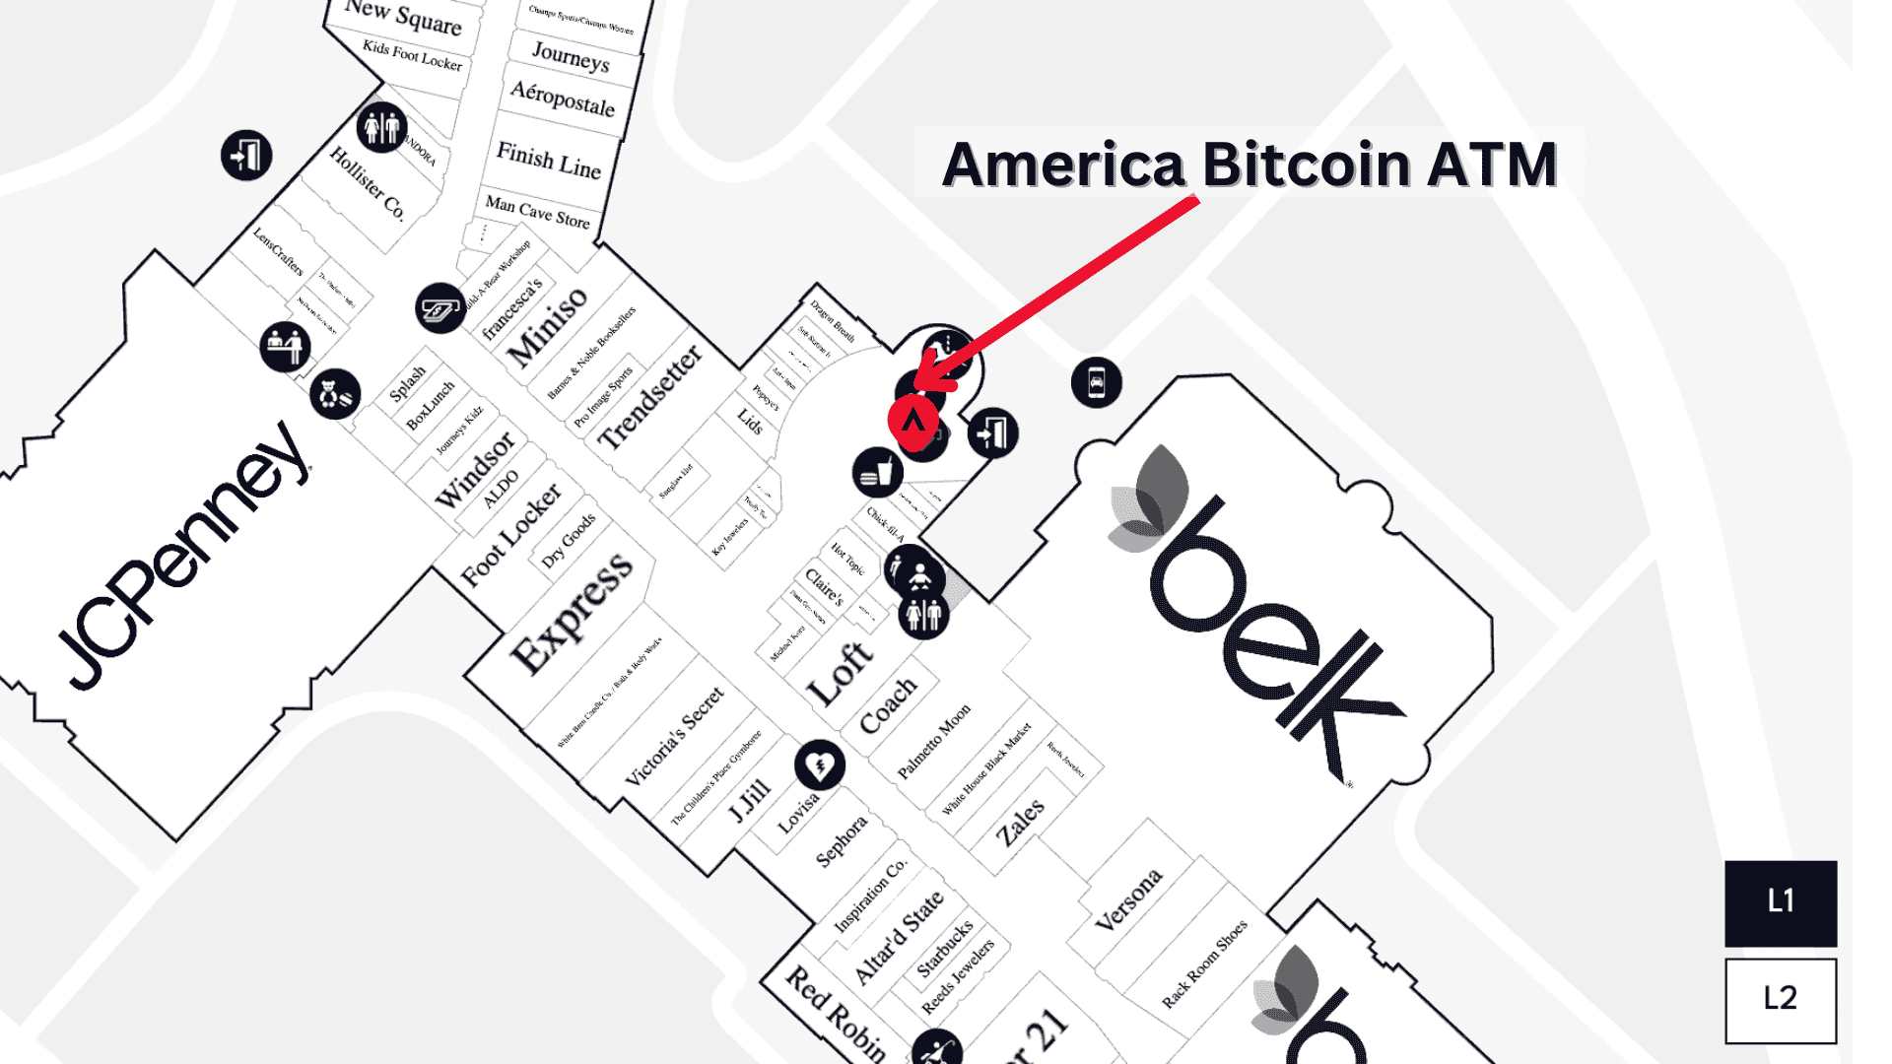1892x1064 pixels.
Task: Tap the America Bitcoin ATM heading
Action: pyautogui.click(x=1250, y=164)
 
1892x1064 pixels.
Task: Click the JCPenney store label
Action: pyautogui.click(x=182, y=558)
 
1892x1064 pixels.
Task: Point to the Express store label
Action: pyautogui.click(x=573, y=613)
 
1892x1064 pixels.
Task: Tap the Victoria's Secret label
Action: pyautogui.click(x=675, y=736)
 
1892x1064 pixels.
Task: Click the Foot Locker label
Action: pyautogui.click(x=511, y=535)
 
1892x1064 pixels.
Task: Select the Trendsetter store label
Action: pyautogui.click(x=650, y=397)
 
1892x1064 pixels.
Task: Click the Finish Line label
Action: pyautogui.click(x=549, y=160)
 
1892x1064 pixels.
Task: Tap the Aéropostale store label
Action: pyautogui.click(x=563, y=99)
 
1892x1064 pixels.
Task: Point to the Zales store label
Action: pyautogui.click(x=1020, y=823)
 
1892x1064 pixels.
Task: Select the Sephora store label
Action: pyautogui.click(x=842, y=840)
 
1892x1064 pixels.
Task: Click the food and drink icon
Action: pyautogui.click(x=876, y=473)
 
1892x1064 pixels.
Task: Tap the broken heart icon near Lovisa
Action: pyautogui.click(x=820, y=765)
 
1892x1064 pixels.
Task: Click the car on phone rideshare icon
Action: pyautogui.click(x=1096, y=382)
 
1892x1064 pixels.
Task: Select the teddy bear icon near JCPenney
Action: pyautogui.click(x=334, y=395)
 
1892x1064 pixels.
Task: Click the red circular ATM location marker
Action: pyautogui.click(x=913, y=421)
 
